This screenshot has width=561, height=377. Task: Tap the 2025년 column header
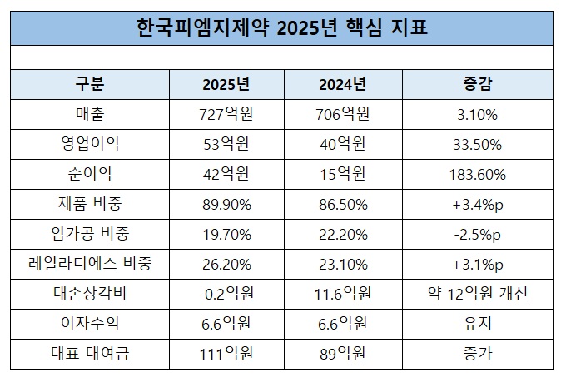[226, 83]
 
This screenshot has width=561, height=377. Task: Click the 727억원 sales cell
[226, 113]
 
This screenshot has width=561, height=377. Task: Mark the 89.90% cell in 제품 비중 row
[226, 203]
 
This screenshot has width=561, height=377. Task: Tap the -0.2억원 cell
[226, 293]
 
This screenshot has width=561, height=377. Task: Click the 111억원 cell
[226, 353]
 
